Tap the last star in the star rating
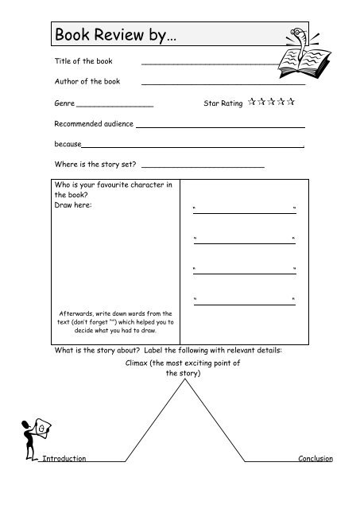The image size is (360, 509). [x=292, y=102]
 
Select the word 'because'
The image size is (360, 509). [x=68, y=146]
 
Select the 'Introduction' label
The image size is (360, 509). [x=64, y=460]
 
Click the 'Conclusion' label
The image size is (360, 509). [x=315, y=460]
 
